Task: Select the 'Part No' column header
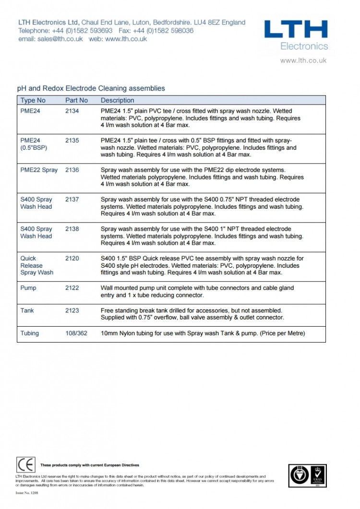76,100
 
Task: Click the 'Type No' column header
33,100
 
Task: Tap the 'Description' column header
117,100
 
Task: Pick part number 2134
72,111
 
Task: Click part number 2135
72,141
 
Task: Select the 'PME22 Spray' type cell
39,170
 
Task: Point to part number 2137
72,200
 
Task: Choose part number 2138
72,229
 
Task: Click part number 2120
72,258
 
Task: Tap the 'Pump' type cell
28,288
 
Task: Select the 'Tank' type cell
27,310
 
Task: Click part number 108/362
76,333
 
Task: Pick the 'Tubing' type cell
29,333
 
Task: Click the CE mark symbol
26,465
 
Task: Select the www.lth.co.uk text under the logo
303,60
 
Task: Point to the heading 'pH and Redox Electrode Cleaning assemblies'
91,88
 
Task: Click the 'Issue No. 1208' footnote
26,493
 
